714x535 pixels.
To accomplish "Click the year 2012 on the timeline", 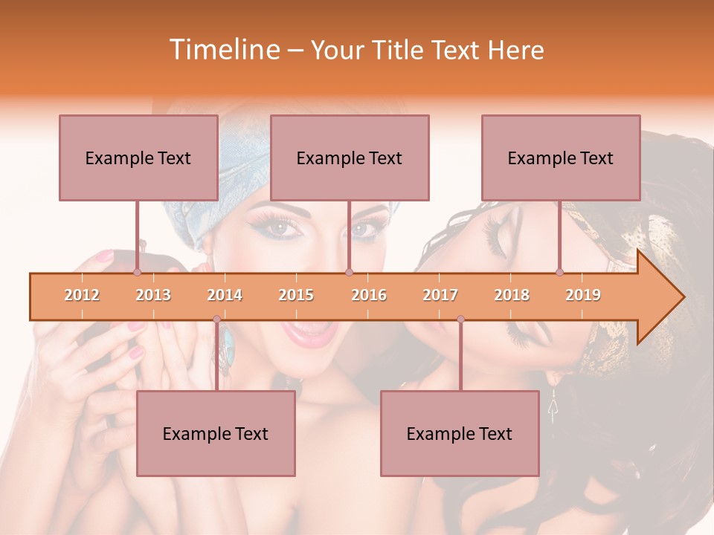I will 82,295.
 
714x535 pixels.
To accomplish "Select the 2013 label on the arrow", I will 153,295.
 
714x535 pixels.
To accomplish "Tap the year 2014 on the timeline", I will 225,295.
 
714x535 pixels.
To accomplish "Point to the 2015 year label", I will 296,295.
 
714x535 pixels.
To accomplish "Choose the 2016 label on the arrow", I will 369,295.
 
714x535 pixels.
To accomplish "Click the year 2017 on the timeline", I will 440,295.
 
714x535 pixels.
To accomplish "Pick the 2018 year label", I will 512,295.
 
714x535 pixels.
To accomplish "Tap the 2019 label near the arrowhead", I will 583,295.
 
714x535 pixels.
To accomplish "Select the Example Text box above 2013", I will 138,158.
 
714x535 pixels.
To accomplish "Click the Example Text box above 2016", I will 350,158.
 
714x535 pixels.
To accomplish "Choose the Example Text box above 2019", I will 561,158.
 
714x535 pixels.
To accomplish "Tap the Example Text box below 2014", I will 216,433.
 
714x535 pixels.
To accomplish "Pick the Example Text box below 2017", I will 460,433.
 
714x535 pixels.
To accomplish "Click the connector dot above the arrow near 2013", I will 137,273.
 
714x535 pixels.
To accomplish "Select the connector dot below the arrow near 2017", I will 460,320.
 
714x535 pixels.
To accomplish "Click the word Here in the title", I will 515,50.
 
